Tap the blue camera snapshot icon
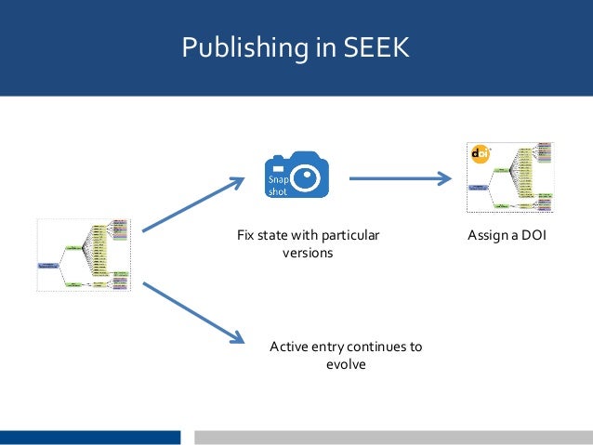296,175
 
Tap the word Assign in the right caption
487,236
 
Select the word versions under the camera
307,253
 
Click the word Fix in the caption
245,236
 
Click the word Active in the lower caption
288,347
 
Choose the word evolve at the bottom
346,364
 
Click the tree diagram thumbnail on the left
84,255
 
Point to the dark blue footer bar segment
90,437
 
